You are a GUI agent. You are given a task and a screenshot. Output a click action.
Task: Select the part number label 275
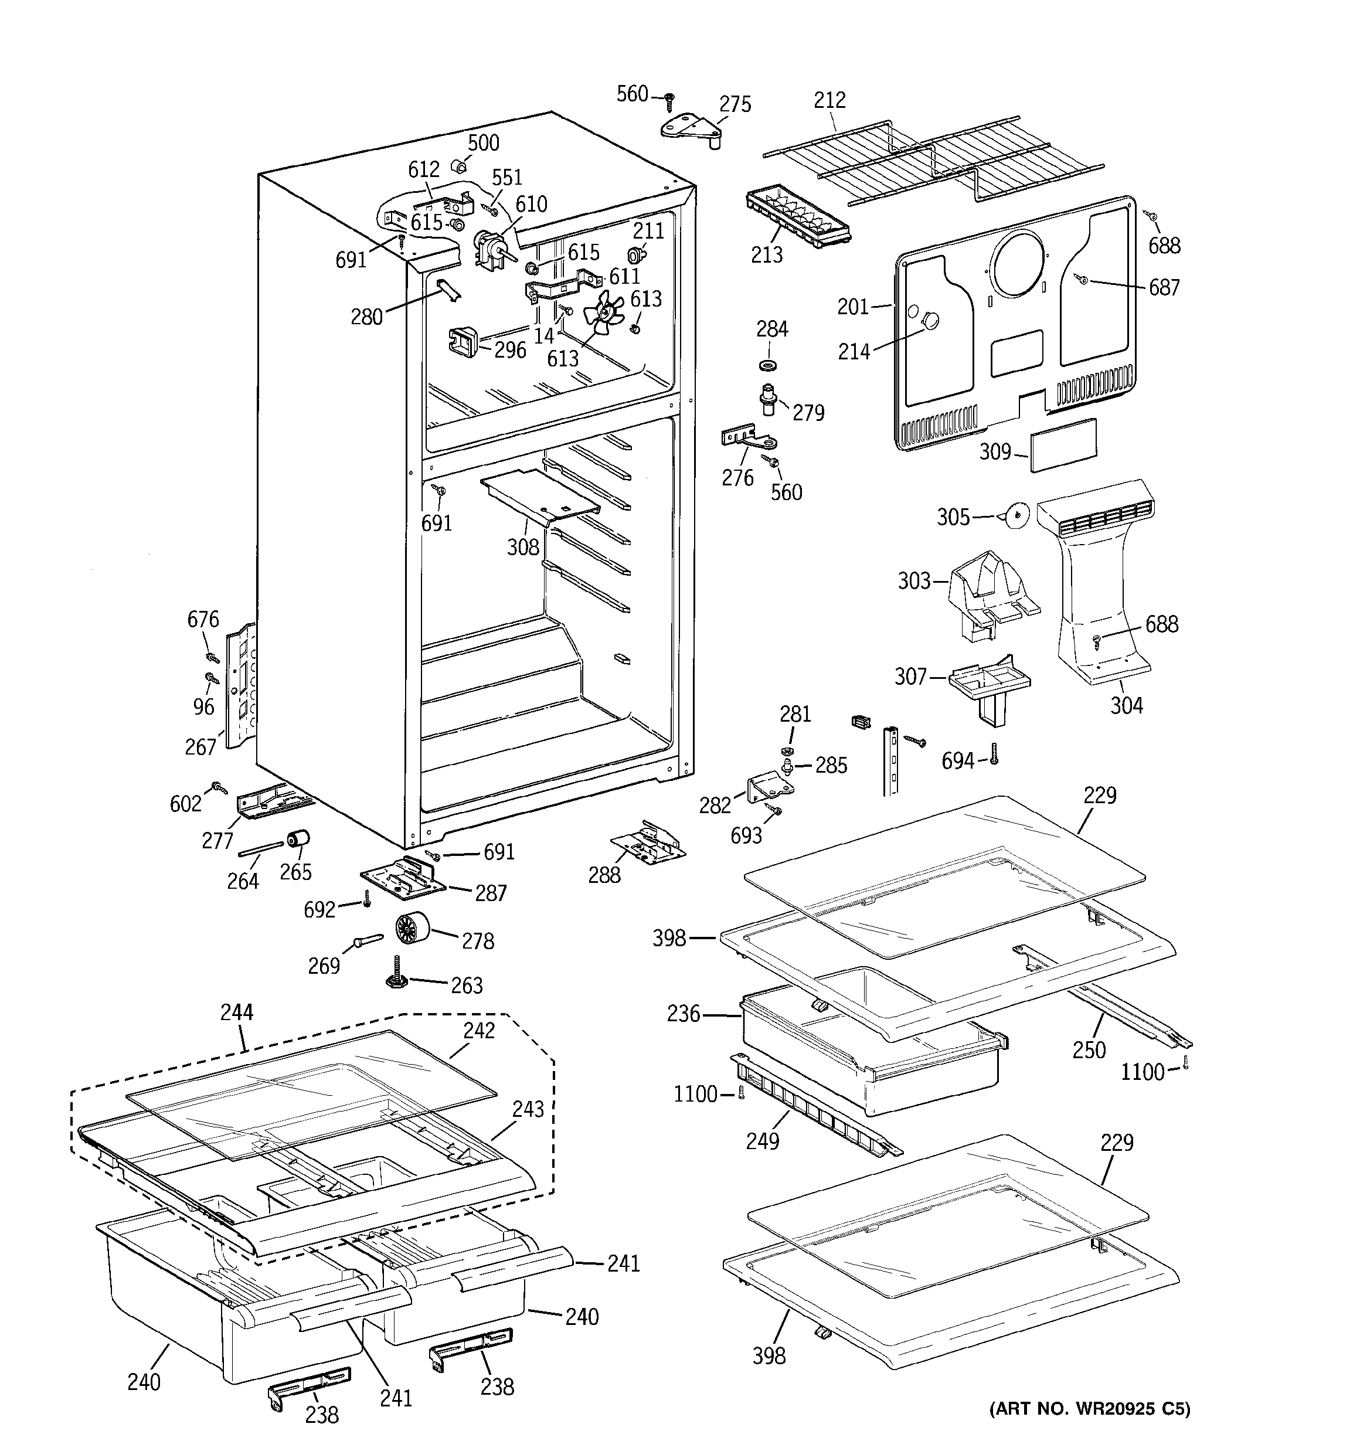point(735,104)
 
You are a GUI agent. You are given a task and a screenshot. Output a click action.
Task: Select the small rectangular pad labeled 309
point(1063,444)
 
